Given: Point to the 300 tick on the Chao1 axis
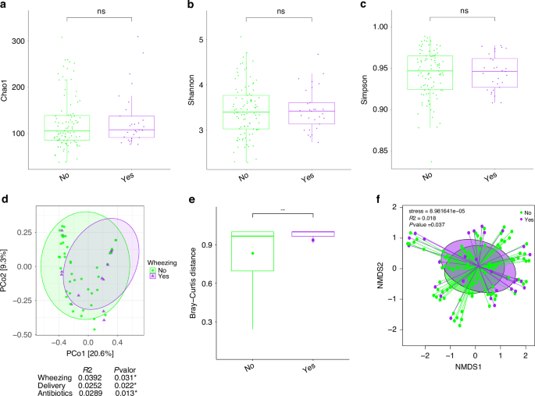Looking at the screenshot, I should click(x=30, y=40).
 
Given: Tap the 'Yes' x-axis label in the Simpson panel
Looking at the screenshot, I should click(x=490, y=177).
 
